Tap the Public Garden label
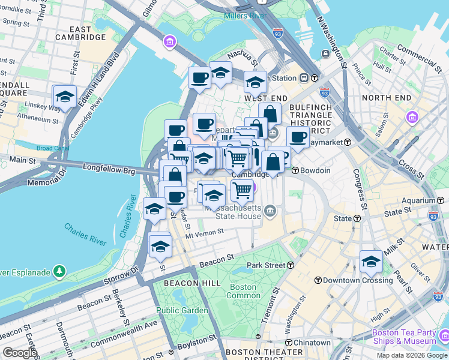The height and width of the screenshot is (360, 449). coord(182,310)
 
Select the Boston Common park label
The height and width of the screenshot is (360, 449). coord(243,291)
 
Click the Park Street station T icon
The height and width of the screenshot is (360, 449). coord(291,265)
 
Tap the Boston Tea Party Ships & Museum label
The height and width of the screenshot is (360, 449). coord(403,337)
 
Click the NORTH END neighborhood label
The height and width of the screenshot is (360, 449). coord(386,98)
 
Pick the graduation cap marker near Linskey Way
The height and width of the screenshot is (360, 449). coord(65,96)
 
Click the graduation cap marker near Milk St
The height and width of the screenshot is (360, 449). coord(371,262)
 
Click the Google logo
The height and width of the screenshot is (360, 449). coord(19,353)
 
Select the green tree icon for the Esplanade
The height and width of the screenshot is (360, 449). coord(59,272)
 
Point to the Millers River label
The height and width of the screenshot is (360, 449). coord(244,15)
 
